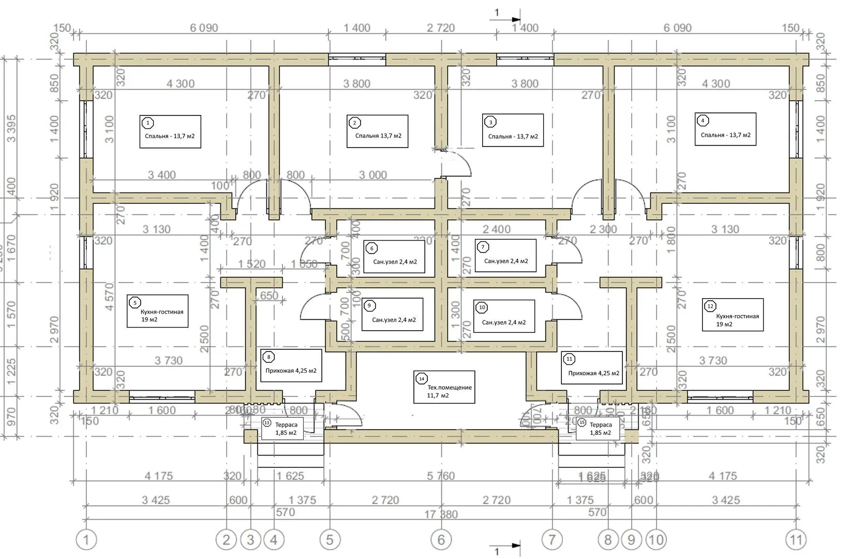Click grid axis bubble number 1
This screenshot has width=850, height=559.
(x=86, y=540)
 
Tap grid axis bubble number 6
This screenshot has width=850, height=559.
(x=441, y=540)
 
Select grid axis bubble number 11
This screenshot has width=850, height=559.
(x=796, y=540)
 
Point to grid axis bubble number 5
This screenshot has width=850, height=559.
(x=330, y=540)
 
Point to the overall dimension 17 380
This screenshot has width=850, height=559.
(x=441, y=514)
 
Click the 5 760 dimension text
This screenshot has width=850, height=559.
(x=441, y=476)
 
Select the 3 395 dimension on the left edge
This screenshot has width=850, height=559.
(x=11, y=128)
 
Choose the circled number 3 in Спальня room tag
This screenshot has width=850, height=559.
(x=490, y=122)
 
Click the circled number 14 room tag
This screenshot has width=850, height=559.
(x=422, y=379)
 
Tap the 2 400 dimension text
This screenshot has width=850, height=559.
(x=497, y=229)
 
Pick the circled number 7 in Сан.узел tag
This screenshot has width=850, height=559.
(x=483, y=247)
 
